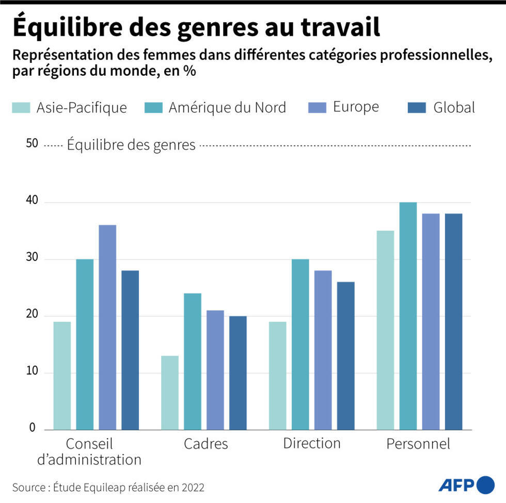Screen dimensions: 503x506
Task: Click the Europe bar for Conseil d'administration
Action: click(107, 327)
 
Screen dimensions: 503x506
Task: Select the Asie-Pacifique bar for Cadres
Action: click(170, 393)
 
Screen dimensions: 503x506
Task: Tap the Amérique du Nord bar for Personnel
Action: click(408, 316)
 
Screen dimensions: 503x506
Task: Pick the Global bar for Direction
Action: click(345, 356)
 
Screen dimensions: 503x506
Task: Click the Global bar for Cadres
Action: click(238, 373)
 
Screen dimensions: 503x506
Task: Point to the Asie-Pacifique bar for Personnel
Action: click(385, 330)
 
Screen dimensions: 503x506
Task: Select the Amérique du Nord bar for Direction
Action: click(300, 344)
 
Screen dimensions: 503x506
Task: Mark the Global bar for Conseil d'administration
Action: click(130, 350)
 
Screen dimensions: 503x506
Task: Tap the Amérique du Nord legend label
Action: click(227, 107)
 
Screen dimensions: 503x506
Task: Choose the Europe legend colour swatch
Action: click(317, 107)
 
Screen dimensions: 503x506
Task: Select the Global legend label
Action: click(454, 107)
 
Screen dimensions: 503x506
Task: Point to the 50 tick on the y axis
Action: click(32, 144)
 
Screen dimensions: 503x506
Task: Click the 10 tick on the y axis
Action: click(32, 372)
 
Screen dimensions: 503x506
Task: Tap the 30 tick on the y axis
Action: click(32, 258)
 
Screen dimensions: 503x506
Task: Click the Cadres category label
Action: click(205, 444)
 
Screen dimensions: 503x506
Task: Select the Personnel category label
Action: click(418, 444)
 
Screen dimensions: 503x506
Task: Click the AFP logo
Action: click(466, 485)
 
